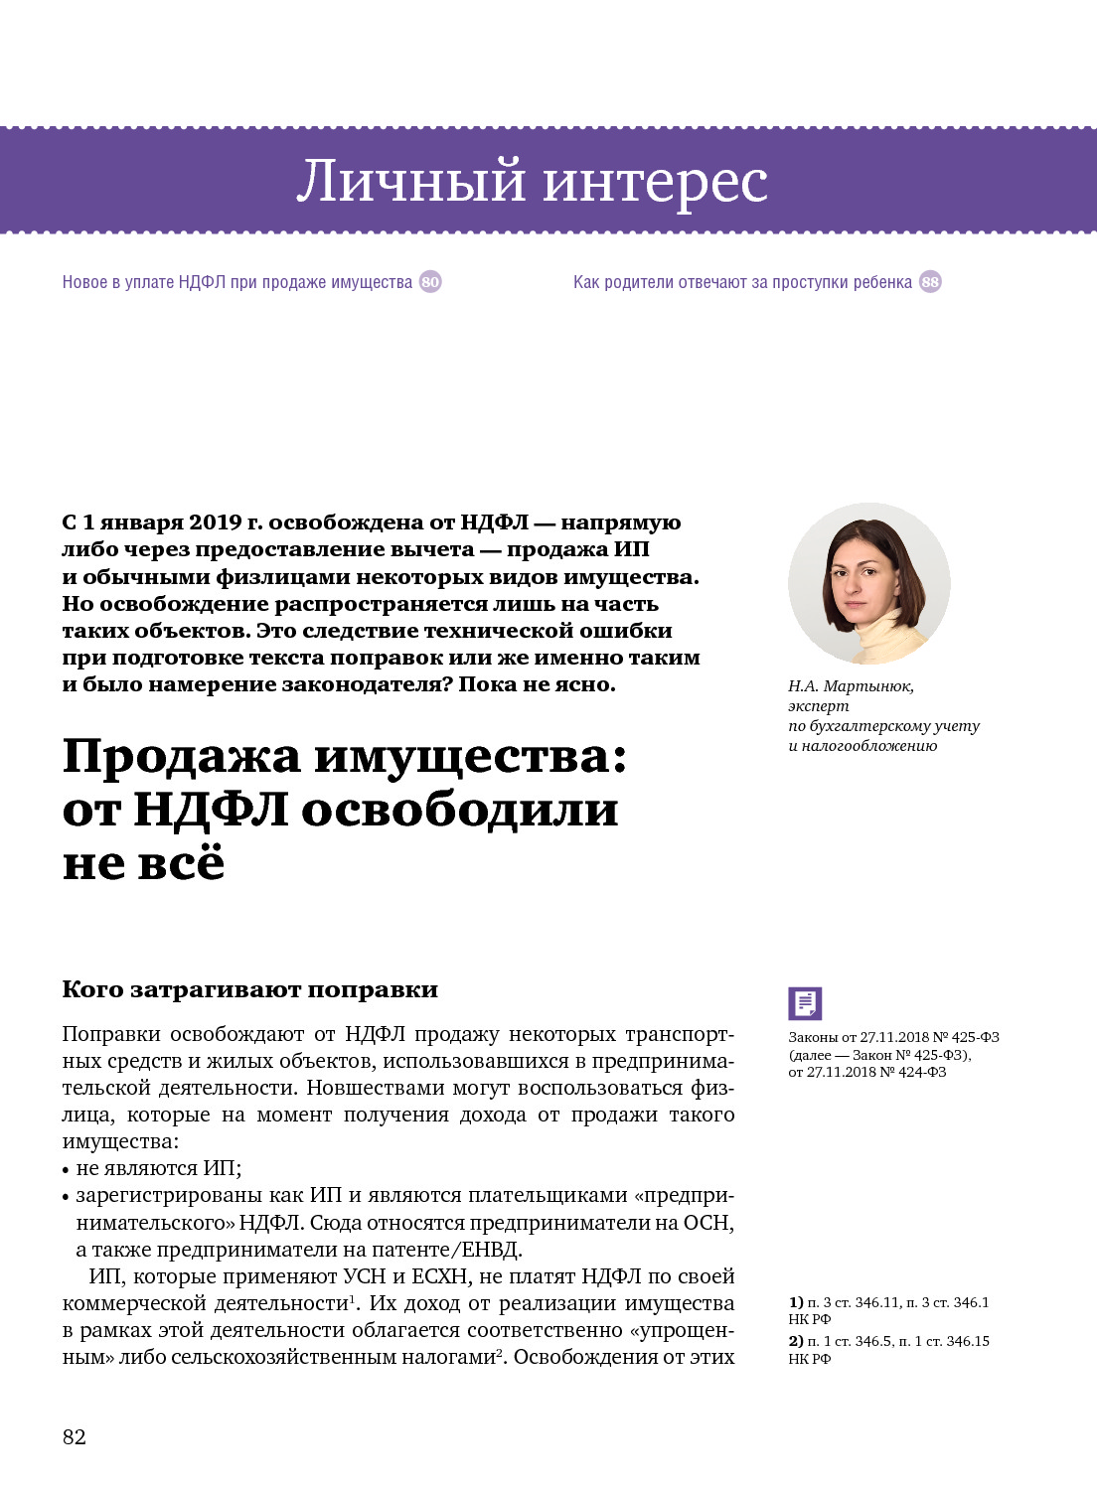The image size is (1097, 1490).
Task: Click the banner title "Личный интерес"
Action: [532, 181]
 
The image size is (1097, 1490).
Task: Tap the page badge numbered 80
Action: [430, 282]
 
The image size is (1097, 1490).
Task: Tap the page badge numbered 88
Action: [930, 282]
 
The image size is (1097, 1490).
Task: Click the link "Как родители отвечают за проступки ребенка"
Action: [742, 282]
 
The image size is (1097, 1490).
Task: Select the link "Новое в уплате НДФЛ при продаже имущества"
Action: [236, 282]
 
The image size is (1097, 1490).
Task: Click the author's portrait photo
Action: [868, 584]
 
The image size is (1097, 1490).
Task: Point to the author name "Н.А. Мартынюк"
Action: [851, 686]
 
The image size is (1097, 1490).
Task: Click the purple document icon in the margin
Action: [805, 1003]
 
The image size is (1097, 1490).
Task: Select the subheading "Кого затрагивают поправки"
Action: [249, 989]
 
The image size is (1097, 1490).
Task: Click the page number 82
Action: [75, 1437]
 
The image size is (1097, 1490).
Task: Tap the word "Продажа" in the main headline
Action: [182, 756]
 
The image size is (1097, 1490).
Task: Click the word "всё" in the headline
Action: [181, 862]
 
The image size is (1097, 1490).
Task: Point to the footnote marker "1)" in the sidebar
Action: [796, 1302]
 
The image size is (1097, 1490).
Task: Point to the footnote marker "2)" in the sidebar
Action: [796, 1341]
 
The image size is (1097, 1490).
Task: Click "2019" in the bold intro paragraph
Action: [216, 522]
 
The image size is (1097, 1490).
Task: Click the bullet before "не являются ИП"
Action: [66, 1170]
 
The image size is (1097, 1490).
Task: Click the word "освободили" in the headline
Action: [459, 810]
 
